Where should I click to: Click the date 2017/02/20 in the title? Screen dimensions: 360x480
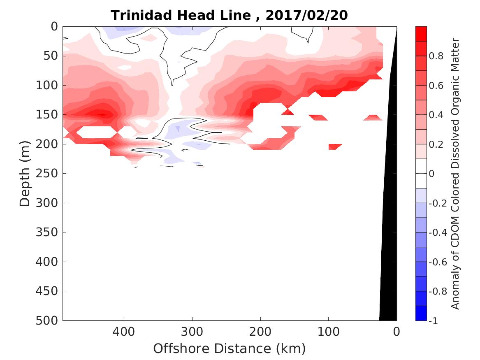coord(307,15)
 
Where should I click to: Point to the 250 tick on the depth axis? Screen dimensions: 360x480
coord(49,173)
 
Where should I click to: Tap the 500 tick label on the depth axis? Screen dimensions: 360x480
coord(49,320)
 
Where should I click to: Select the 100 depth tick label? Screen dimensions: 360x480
coord(49,85)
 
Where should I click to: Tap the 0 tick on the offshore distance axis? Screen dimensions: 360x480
coord(396,331)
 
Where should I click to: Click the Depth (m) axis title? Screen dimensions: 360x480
coord(25,173)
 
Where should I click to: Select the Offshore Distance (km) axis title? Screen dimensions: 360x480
coord(230,348)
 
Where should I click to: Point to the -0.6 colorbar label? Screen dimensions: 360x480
coord(438,262)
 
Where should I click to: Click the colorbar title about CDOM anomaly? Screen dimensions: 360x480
coord(455,173)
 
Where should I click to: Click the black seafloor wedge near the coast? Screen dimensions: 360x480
coord(389,247)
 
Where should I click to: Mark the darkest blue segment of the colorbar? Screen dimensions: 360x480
coord(421,313)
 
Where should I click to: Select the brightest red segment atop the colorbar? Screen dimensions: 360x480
coord(421,34)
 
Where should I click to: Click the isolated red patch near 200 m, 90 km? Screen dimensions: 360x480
coord(335,146)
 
